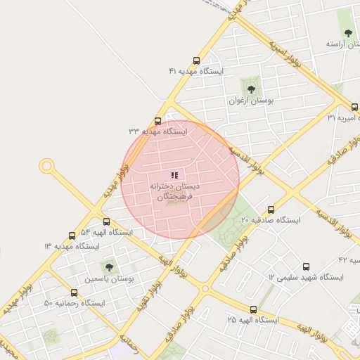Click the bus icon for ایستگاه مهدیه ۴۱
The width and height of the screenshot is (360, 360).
point(195,60)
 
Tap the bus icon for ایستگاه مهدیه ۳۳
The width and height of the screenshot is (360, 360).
point(157,121)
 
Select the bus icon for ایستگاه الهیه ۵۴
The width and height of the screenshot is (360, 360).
point(106,221)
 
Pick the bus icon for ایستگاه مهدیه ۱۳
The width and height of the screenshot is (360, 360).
point(72,236)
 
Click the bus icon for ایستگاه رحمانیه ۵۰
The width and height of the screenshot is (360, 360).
point(74,292)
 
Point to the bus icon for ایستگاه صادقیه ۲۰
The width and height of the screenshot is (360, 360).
point(271,210)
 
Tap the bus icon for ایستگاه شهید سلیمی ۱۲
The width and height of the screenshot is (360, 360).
point(306,266)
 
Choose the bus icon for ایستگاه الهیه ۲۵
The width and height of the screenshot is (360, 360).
point(253,309)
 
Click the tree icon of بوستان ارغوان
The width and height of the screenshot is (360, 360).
point(250,88)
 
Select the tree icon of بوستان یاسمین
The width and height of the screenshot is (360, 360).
point(108,266)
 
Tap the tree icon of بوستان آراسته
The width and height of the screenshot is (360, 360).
point(349,32)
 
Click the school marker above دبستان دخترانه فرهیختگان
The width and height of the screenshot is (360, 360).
point(174,174)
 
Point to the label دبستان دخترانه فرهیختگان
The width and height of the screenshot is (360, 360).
point(174,193)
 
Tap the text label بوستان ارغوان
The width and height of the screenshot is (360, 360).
point(250,101)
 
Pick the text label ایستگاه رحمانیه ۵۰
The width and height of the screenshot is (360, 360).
point(74,304)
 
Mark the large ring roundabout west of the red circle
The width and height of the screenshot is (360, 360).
point(47,167)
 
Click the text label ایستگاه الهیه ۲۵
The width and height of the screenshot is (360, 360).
point(253,321)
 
